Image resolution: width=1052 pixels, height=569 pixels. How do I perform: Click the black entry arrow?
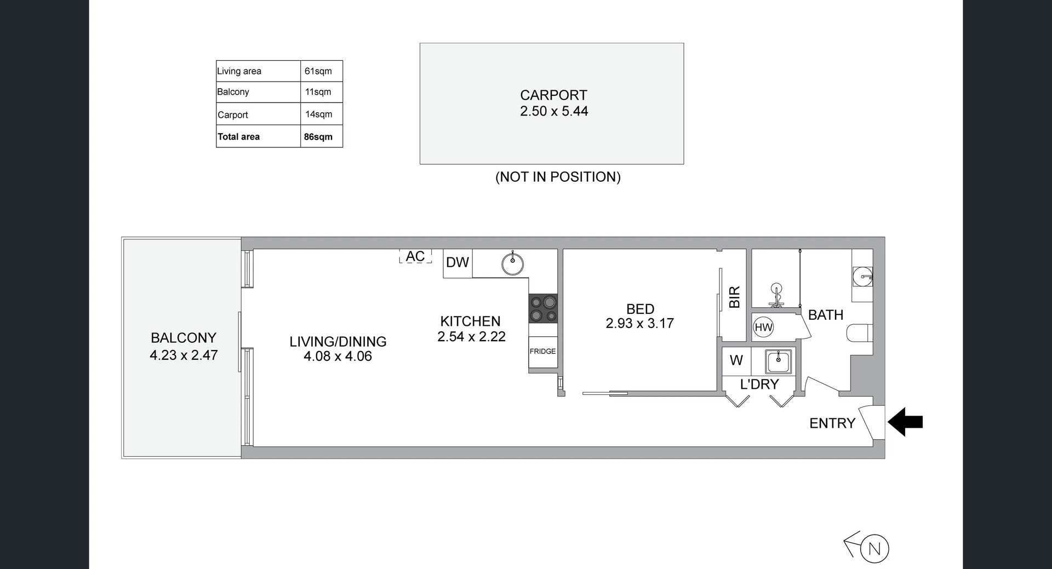[905, 422]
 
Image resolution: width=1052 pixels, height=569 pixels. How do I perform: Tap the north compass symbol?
[874, 549]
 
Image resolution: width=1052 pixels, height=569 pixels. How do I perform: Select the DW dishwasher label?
[458, 263]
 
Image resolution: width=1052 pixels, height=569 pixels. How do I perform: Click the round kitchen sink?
[513, 264]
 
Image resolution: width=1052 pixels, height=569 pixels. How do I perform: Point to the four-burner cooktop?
[543, 309]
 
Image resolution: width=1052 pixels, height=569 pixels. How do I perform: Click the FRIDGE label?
[542, 352]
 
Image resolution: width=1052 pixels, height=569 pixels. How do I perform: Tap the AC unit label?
[415, 256]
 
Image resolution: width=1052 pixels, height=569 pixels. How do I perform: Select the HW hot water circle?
[763, 327]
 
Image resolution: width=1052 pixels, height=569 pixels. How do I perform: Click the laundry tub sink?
[778, 361]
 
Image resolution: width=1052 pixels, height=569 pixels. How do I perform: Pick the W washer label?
[736, 360]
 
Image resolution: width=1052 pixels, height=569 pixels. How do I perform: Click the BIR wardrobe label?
[734, 297]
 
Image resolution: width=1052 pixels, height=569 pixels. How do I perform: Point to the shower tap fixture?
[776, 295]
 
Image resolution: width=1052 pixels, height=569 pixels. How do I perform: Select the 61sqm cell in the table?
[318, 71]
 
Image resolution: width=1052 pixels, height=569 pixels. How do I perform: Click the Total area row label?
[239, 137]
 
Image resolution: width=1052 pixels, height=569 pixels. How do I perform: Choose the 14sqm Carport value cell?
[319, 114]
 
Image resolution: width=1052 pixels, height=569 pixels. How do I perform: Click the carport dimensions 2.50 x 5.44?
[554, 111]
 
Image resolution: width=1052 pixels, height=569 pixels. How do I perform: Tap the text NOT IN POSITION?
[558, 177]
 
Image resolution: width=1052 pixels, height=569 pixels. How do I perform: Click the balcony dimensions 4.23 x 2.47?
[184, 355]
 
